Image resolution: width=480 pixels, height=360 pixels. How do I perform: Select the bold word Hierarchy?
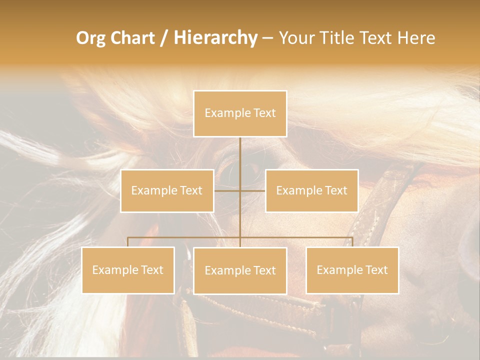(x=215, y=38)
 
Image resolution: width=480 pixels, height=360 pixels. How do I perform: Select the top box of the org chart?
(x=240, y=113)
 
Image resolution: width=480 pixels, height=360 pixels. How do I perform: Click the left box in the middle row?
(x=167, y=190)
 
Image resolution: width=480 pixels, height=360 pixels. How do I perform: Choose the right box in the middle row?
(x=311, y=190)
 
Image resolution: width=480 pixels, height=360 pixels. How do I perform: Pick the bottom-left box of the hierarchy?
(x=128, y=270)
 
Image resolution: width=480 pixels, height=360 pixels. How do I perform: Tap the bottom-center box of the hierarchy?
(x=240, y=270)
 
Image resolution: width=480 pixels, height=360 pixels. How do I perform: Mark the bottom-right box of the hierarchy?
(x=352, y=270)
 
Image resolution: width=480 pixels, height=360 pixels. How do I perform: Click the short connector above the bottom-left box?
(x=128, y=242)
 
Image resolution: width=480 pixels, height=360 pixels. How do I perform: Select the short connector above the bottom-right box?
(x=352, y=242)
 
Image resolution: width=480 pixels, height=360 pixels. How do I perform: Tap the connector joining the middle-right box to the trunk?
(x=253, y=190)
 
